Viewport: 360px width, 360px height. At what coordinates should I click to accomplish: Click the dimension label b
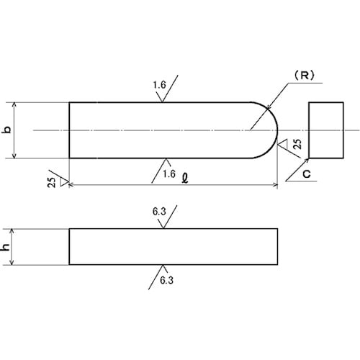coord(8,130)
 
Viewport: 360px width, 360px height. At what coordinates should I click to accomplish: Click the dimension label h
coord(6,247)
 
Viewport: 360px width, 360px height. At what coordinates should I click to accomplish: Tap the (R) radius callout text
coord(305,76)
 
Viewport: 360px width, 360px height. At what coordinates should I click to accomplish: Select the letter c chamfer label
coord(307,174)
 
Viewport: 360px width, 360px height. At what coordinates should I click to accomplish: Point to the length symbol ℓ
coord(185,178)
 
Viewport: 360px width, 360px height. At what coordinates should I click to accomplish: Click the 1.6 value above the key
coord(159,85)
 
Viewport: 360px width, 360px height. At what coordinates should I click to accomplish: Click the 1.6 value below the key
coord(169,174)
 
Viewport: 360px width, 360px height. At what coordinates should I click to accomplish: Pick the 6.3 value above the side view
coord(159,212)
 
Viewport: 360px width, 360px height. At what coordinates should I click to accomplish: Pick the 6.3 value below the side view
coord(166,280)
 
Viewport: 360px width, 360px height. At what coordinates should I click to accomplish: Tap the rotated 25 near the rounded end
coord(297,144)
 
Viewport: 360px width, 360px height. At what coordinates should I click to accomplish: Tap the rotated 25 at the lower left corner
coord(52,182)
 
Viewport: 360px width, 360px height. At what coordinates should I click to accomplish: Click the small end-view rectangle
coord(326,130)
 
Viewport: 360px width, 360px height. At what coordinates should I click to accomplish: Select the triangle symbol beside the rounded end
coord(283,144)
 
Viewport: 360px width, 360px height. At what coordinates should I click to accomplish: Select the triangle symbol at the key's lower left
coord(64,181)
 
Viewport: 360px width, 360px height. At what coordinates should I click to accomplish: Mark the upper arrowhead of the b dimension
coord(14,104)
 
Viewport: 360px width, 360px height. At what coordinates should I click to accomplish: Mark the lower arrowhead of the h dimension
coord(12,263)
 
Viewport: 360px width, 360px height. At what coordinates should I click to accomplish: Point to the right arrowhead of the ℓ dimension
coord(276,185)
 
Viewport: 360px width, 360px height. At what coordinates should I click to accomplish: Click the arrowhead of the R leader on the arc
coord(269,109)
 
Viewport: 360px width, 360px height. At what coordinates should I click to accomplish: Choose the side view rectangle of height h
coord(174,247)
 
